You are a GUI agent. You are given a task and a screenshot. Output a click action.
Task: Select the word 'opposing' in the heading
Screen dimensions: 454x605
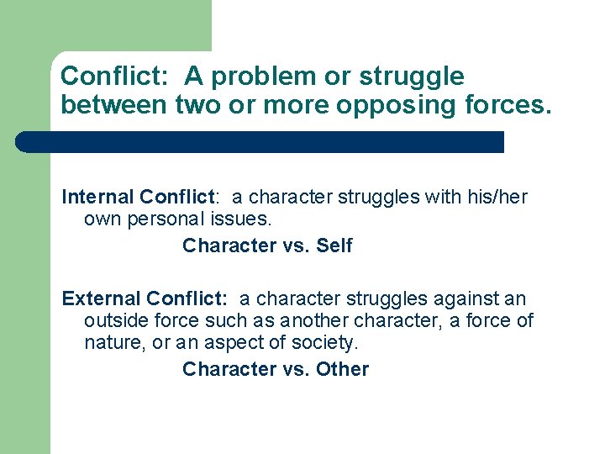tap(424, 106)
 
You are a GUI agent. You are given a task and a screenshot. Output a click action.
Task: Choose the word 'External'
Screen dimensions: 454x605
tap(101, 298)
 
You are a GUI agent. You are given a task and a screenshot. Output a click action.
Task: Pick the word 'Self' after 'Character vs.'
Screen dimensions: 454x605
tap(334, 245)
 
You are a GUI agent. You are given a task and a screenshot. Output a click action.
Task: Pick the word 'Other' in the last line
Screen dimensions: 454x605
tap(342, 369)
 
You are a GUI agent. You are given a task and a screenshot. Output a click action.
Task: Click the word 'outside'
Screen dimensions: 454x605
tap(115, 320)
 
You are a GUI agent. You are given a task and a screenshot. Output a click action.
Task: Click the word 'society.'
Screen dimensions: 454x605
tap(324, 342)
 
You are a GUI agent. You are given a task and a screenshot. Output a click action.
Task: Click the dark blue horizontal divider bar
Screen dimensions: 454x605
tap(260, 142)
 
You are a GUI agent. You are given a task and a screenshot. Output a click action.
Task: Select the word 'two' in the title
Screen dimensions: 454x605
tap(194, 106)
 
